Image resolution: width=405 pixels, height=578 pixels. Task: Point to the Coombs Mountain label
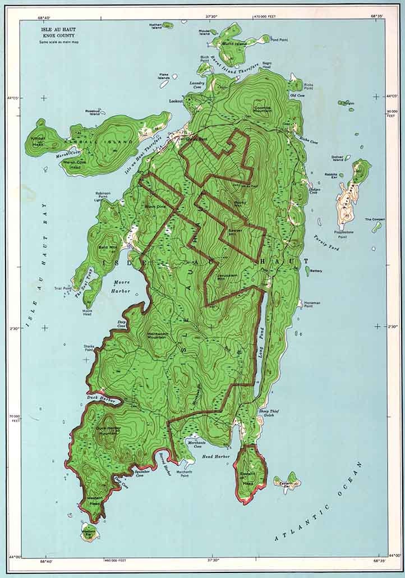(x=263, y=109)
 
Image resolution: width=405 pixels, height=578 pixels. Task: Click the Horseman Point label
(x=312, y=305)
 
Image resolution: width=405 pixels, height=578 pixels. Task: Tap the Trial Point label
(x=63, y=288)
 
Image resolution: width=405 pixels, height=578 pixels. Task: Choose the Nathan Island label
(x=155, y=26)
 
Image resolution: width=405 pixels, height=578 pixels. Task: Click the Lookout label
(x=176, y=101)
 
